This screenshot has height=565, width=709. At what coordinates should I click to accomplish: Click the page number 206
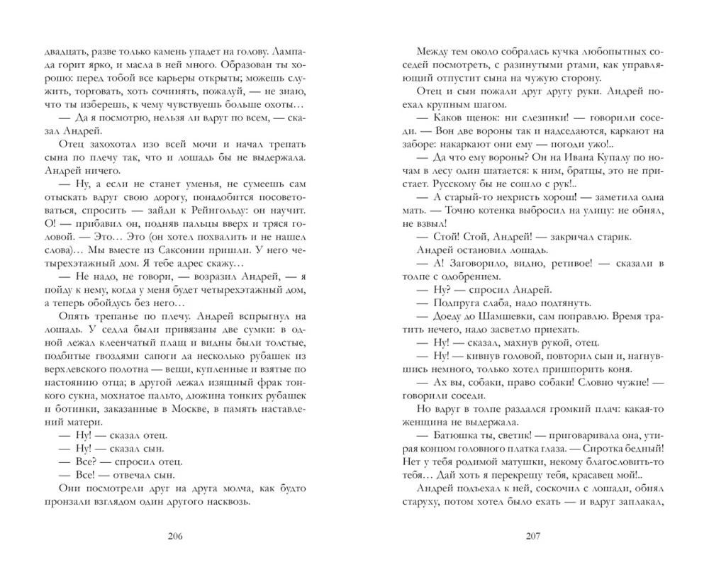click(173, 535)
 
